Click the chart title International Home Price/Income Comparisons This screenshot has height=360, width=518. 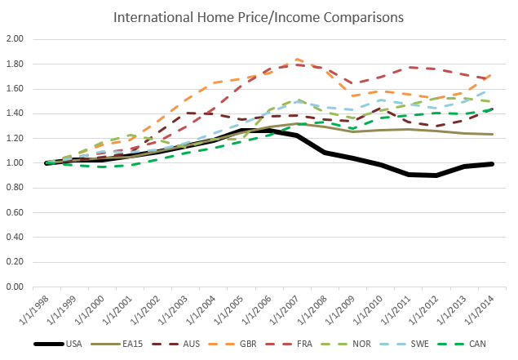click(x=259, y=16)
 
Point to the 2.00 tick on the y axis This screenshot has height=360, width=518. click(x=14, y=39)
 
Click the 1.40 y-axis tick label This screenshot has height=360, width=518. click(x=14, y=113)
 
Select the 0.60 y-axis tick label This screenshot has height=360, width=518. click(x=14, y=212)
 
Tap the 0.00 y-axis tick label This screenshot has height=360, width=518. click(x=14, y=287)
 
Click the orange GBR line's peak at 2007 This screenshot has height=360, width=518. click(x=297, y=59)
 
